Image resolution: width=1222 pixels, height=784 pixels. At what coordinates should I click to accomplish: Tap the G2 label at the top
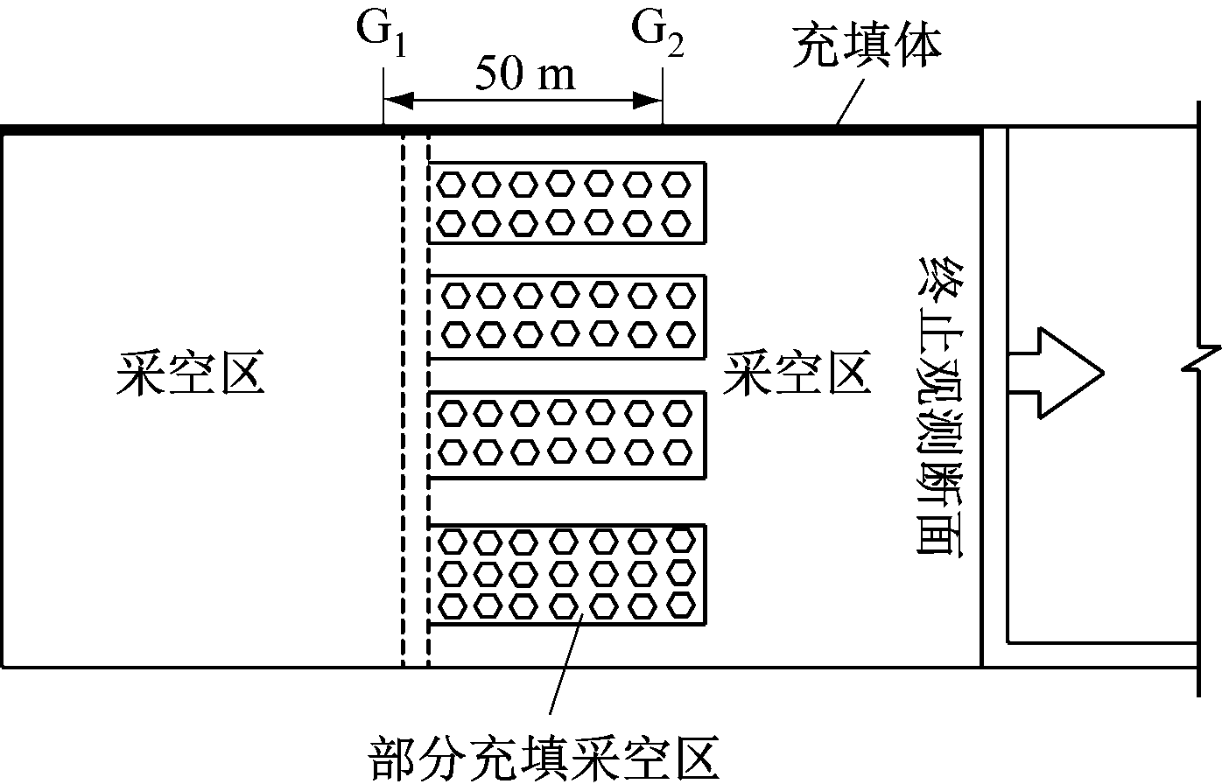point(658,35)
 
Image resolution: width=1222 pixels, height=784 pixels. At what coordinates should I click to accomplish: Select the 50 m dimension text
point(524,75)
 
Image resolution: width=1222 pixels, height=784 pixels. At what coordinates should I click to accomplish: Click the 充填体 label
point(867,47)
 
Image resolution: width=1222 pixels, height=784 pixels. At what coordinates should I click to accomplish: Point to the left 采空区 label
point(191,374)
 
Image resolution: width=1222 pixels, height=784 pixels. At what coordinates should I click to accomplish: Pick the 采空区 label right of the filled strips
point(797,374)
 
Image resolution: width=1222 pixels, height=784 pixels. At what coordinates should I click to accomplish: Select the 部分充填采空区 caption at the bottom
point(544,758)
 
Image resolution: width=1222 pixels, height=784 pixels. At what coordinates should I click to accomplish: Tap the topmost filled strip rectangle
point(566,202)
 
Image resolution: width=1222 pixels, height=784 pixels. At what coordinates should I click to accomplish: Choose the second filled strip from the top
point(566,316)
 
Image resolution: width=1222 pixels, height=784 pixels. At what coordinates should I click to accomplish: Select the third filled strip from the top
point(566,435)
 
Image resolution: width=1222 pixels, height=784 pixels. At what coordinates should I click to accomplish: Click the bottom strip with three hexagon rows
point(566,574)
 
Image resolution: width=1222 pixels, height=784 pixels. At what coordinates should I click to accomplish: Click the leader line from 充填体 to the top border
point(850,103)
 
